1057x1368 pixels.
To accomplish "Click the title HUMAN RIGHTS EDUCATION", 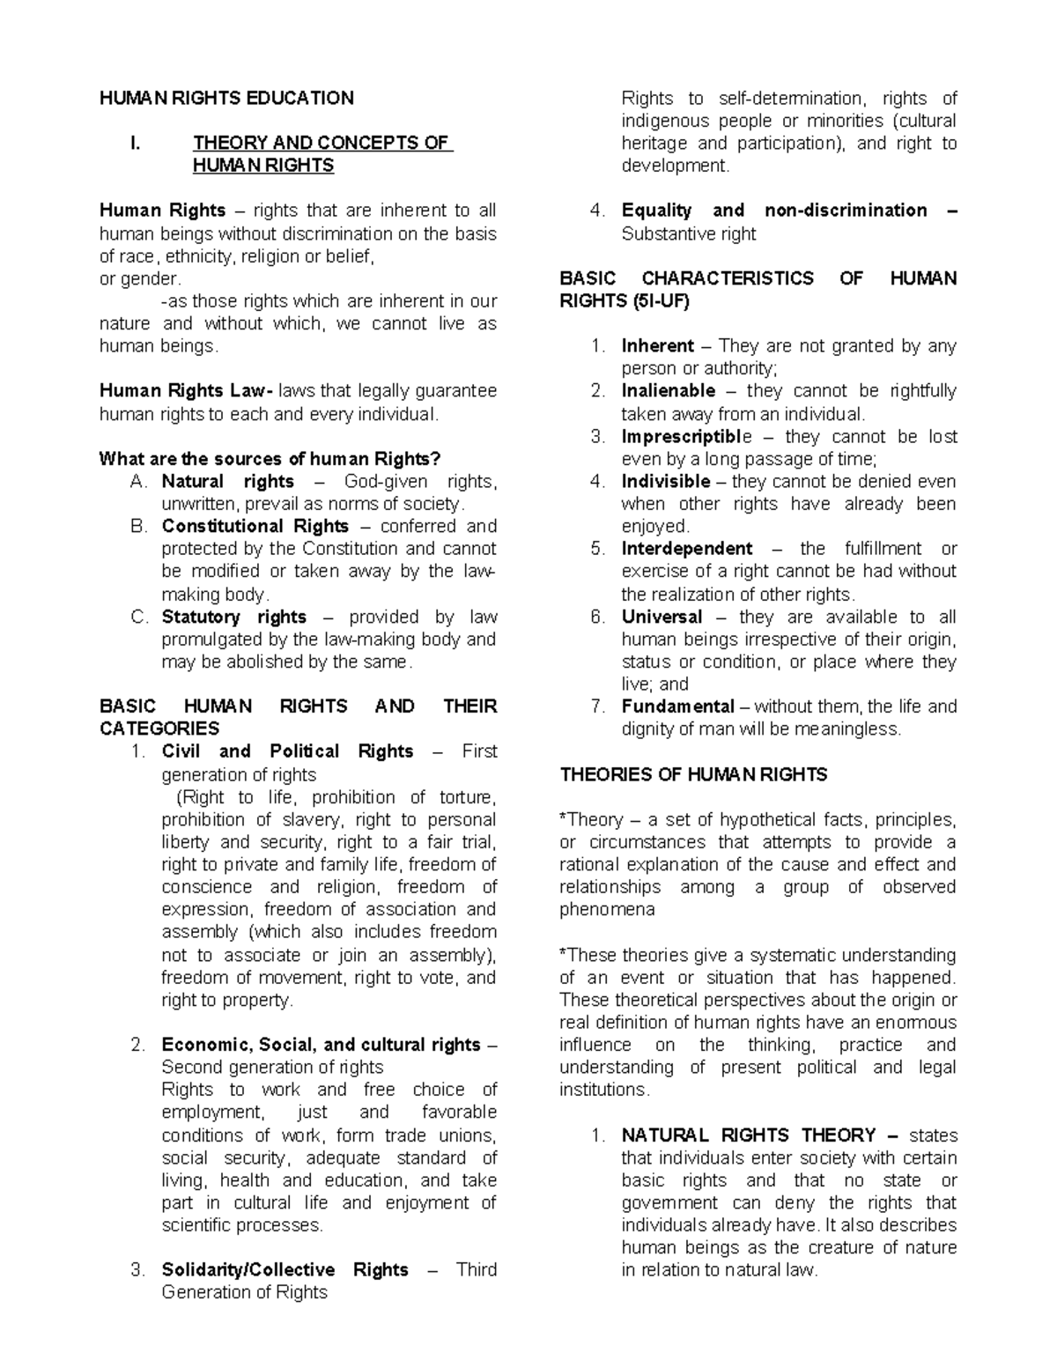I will pos(226,98).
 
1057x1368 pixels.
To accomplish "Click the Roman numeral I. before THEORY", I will pos(135,143).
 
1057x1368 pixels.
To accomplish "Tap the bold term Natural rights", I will pos(227,481).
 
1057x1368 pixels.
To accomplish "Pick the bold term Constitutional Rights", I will pos(255,526).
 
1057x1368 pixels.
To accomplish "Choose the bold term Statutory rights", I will pos(233,617).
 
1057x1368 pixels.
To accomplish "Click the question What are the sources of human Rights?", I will pos(270,458).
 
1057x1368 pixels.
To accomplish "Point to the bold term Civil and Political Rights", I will pos(287,751).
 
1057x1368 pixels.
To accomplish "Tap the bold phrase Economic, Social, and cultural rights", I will pos(321,1045).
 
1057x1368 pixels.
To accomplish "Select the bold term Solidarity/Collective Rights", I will pos(285,1269).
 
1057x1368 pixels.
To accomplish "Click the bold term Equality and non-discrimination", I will pos(774,211).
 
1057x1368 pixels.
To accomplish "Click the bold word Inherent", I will pos(657,345).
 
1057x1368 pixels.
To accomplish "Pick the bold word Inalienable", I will pos(668,390).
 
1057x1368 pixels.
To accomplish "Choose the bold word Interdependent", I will pos(687,548).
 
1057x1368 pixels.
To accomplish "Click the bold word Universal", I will pos(662,617).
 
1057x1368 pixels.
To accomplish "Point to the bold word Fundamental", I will pos(677,706).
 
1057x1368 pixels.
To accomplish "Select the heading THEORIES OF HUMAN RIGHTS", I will pos(693,774).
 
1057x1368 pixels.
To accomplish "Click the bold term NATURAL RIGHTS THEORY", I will pos(748,1135).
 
